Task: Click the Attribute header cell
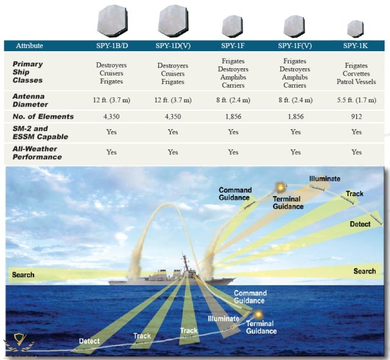30,46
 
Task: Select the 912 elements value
356,116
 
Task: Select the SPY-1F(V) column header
296,46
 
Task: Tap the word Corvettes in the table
356,73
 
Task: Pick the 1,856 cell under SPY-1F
233,116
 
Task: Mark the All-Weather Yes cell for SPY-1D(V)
172,152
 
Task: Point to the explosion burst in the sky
280,187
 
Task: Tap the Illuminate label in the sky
324,178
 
